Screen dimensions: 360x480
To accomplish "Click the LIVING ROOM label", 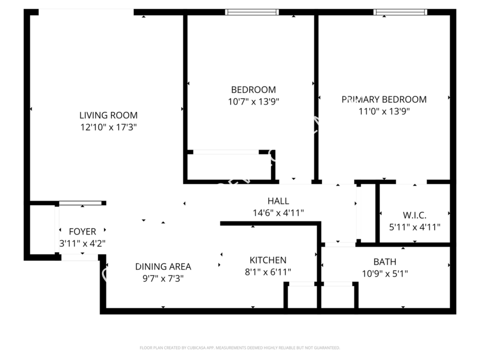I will [108, 115].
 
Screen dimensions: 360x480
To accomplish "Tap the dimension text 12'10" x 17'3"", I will [108, 127].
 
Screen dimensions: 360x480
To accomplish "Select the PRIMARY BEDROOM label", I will [384, 99].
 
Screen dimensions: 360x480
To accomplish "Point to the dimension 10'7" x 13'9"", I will [253, 101].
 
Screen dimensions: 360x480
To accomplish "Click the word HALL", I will [278, 201].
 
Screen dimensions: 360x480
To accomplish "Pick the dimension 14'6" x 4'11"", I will [278, 213].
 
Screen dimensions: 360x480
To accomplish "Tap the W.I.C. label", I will [414, 215].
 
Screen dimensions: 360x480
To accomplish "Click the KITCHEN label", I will [268, 260].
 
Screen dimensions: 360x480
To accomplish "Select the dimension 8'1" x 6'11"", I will [268, 272].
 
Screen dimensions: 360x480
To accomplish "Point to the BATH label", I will [385, 262].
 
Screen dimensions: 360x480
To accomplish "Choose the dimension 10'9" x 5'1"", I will [385, 274].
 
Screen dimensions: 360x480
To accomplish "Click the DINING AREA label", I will [163, 267].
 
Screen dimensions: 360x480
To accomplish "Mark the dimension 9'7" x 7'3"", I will [163, 278].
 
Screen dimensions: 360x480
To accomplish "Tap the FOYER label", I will [83, 231].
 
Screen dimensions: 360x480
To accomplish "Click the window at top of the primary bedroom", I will [400, 12].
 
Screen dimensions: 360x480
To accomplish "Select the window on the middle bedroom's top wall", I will [252, 12].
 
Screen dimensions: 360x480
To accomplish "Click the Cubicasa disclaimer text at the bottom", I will [239, 348].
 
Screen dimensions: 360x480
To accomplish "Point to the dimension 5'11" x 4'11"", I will [414, 227].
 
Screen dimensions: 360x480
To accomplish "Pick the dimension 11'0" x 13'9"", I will [384, 111].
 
